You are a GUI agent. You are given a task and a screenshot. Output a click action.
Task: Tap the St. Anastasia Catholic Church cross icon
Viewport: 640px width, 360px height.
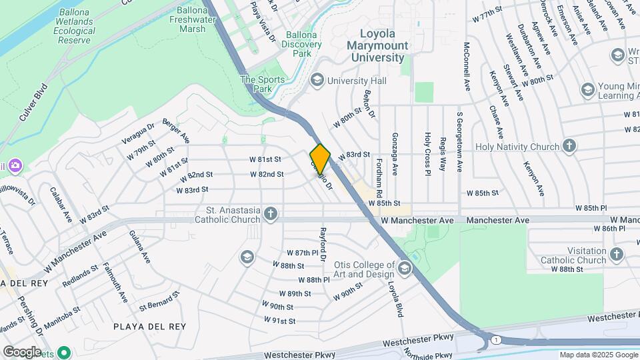(270, 213)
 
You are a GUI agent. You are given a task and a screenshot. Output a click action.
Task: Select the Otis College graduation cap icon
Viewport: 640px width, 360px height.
(405, 268)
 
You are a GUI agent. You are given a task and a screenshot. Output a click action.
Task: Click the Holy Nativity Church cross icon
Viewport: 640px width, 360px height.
(569, 146)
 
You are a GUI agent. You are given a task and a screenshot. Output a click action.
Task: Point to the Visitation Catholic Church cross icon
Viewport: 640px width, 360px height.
(616, 254)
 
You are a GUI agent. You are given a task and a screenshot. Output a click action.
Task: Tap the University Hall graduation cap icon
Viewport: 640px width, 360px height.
(316, 81)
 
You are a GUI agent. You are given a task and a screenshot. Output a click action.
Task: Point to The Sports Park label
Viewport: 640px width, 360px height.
(263, 84)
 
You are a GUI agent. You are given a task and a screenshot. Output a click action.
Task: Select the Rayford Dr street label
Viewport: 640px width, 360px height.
(323, 244)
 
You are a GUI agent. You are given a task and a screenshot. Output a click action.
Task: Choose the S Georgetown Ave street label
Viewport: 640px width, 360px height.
(459, 142)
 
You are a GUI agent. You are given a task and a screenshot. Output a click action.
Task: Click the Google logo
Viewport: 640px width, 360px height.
(22, 351)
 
